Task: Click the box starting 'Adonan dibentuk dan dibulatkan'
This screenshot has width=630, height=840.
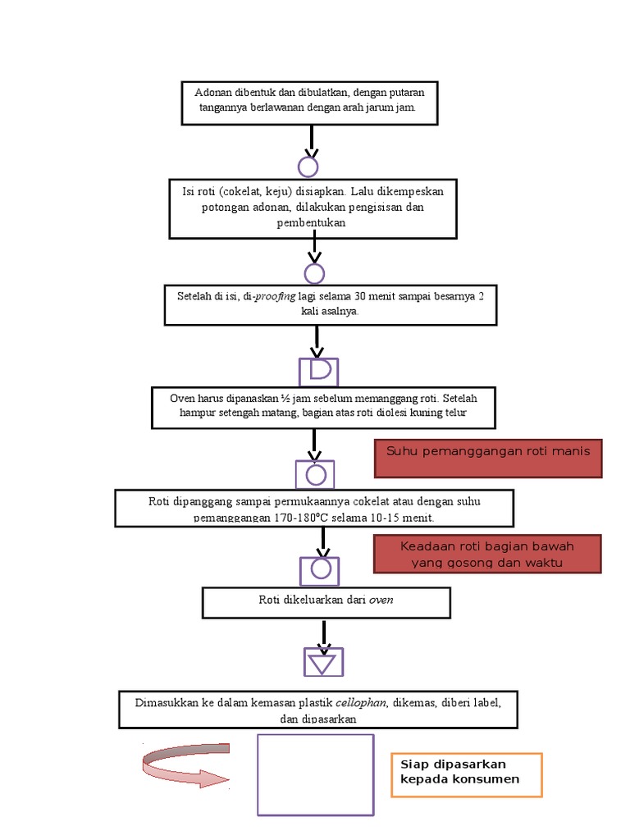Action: pyautogui.click(x=309, y=103)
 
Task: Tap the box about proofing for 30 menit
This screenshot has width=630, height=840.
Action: pyautogui.click(x=331, y=304)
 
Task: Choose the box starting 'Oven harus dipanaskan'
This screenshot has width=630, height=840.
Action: pyautogui.click(x=323, y=406)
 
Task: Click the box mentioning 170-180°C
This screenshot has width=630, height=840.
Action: pyautogui.click(x=314, y=508)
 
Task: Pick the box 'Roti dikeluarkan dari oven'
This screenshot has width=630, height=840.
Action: pyautogui.click(x=326, y=601)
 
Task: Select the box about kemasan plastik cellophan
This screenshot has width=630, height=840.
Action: pyautogui.click(x=318, y=710)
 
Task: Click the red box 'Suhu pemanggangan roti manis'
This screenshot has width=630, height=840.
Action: pyautogui.click(x=488, y=459)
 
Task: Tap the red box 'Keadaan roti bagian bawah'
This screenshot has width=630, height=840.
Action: pyautogui.click(x=487, y=554)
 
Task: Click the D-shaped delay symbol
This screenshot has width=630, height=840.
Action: pyautogui.click(x=318, y=371)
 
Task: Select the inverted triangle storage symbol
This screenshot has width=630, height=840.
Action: pyautogui.click(x=323, y=661)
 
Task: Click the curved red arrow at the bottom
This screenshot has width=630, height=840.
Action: pyautogui.click(x=185, y=765)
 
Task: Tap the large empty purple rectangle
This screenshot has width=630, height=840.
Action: pyautogui.click(x=316, y=774)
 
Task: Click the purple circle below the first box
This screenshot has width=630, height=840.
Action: pyautogui.click(x=308, y=167)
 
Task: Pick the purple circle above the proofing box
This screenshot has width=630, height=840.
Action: pyautogui.click(x=314, y=274)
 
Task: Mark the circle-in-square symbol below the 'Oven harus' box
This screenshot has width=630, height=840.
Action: pyautogui.click(x=315, y=474)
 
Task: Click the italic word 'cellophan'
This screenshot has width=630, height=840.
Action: pyautogui.click(x=360, y=703)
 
